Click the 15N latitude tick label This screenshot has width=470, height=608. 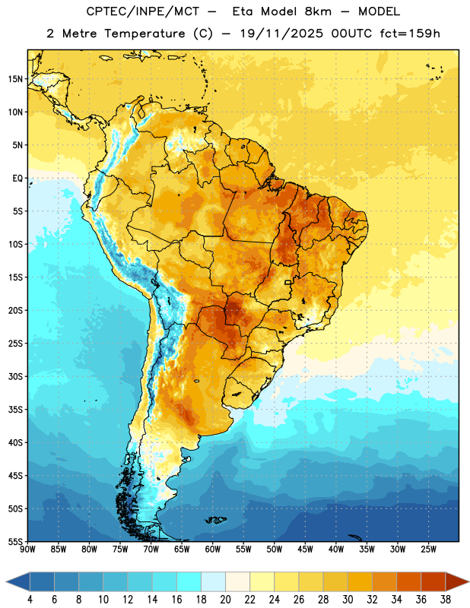(x=15, y=79)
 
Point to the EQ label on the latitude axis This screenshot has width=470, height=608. (x=17, y=179)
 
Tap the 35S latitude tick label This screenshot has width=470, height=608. (x=15, y=410)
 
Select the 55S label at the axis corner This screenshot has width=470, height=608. (x=15, y=541)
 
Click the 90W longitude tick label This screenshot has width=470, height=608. (x=27, y=549)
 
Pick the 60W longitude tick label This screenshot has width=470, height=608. (x=213, y=549)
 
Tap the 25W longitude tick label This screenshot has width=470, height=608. (x=428, y=549)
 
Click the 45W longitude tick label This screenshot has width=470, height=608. (x=306, y=549)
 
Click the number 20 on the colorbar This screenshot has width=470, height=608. (x=225, y=600)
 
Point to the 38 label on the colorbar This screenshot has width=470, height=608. (x=446, y=600)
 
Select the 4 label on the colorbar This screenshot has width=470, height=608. (x=30, y=600)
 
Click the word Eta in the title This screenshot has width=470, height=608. (x=243, y=11)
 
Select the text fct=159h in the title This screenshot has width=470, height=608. (x=410, y=33)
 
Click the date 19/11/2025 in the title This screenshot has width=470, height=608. (x=281, y=33)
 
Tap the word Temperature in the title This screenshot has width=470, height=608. (x=144, y=33)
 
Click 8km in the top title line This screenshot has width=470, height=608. (x=318, y=11)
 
